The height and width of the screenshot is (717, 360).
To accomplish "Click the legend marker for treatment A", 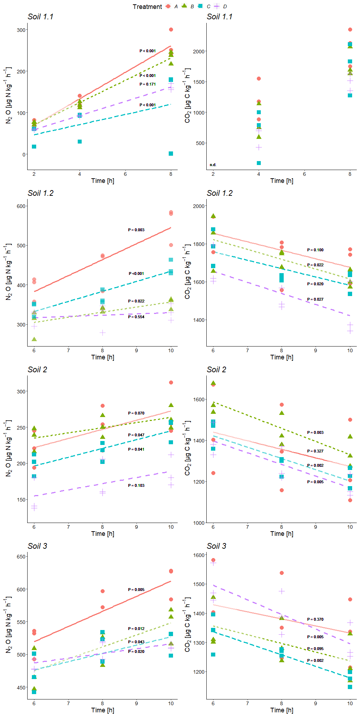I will pyautogui.click(x=168, y=6).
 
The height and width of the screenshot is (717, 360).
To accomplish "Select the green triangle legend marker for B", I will pyautogui.click(x=184, y=6).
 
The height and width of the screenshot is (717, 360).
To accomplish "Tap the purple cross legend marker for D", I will pyautogui.click(x=217, y=6).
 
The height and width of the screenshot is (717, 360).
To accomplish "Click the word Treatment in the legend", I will pyautogui.click(x=147, y=7).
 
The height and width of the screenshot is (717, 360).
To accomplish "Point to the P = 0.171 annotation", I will pyautogui.click(x=148, y=84).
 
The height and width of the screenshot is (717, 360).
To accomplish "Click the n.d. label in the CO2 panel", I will pyautogui.click(x=213, y=165).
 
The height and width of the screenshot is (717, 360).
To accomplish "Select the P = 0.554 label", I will pyautogui.click(x=136, y=317).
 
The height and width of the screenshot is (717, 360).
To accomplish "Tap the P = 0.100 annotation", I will pyautogui.click(x=315, y=250).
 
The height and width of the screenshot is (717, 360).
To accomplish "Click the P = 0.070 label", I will pyautogui.click(x=136, y=413).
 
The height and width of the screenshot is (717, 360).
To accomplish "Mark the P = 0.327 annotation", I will pyautogui.click(x=315, y=451).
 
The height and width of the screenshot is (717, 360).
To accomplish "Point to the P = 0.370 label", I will pyautogui.click(x=315, y=619).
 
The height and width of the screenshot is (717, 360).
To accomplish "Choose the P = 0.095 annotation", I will pyautogui.click(x=315, y=649).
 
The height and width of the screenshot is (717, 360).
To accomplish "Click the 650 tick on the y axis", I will pyautogui.click(x=21, y=557).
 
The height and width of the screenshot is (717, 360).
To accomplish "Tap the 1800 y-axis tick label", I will pyautogui.click(x=199, y=244).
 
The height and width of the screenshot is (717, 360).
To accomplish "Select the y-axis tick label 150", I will pyautogui.click(x=21, y=500).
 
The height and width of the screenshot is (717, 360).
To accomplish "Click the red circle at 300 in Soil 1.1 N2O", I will pyautogui.click(x=171, y=29).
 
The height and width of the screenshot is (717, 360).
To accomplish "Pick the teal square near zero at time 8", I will pyautogui.click(x=171, y=154).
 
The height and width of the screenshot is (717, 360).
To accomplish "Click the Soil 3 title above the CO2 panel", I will pyautogui.click(x=216, y=546).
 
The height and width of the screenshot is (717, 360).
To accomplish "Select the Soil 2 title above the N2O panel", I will pyautogui.click(x=37, y=369).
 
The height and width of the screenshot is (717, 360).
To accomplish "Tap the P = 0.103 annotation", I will pyautogui.click(x=136, y=485).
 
